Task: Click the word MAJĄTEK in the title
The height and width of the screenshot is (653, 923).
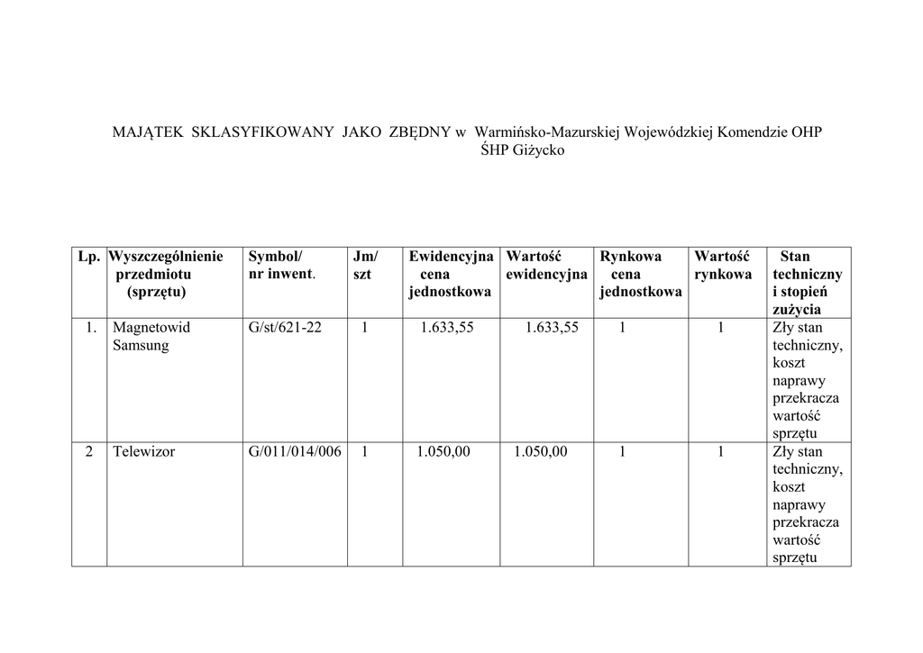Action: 148,132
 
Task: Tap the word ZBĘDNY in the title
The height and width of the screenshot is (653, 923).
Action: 419,132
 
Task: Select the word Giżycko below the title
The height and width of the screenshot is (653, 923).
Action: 538,150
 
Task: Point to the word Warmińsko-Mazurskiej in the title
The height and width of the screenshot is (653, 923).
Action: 548,132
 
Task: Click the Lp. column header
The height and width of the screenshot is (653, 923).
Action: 88,257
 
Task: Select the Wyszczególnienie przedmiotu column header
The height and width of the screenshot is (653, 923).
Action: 166,274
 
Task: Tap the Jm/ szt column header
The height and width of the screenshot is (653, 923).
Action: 365,265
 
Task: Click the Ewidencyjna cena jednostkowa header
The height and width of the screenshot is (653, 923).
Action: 450,274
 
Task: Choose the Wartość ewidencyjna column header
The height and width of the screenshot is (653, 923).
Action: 546,265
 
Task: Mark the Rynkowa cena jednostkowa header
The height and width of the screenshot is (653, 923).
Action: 640,274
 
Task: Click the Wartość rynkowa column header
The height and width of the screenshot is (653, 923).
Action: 722,265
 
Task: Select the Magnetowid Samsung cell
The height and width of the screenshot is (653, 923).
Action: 151,336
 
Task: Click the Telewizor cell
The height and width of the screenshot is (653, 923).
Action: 143,451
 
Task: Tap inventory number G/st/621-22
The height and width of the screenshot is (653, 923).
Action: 285,328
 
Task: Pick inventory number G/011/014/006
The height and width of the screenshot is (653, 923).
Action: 295,451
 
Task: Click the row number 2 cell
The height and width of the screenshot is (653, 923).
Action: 89,451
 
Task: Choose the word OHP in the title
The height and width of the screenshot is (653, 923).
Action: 806,132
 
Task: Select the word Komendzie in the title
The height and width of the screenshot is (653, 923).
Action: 752,132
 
